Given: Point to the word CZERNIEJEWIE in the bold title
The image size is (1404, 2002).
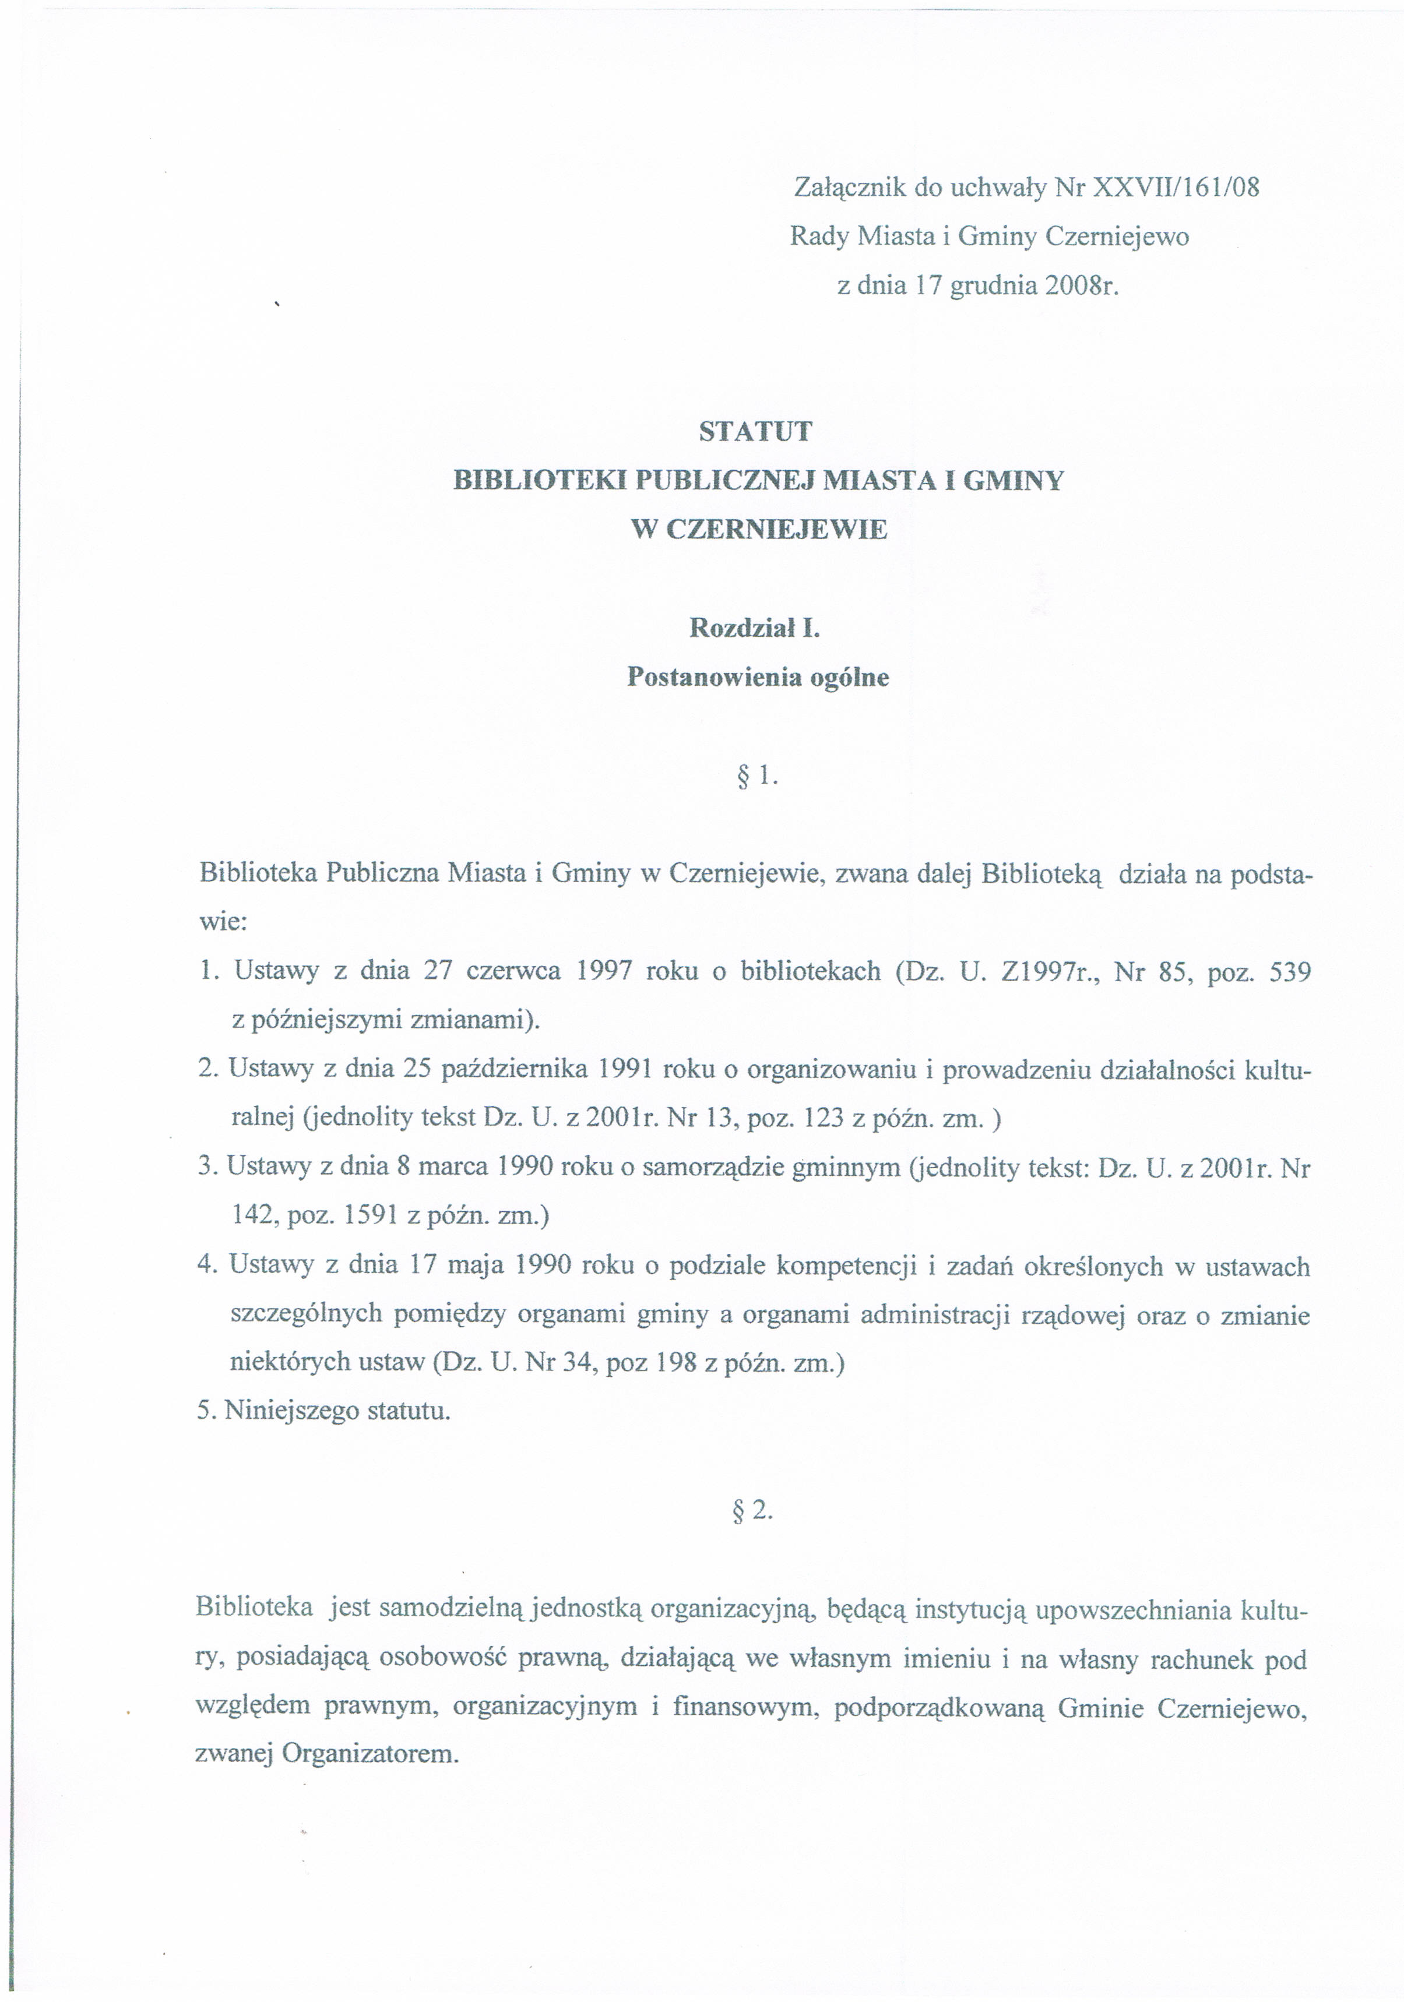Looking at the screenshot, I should pos(776,529).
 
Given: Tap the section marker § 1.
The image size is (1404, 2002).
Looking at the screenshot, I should pos(756,775).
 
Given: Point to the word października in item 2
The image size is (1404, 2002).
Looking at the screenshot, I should pos(515,1070).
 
